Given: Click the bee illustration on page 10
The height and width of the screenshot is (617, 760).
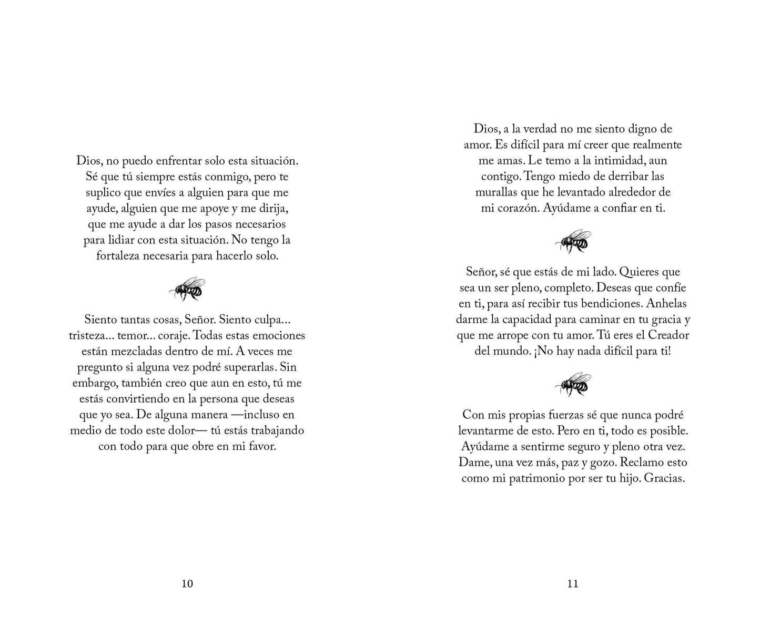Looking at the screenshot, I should [x=187, y=289].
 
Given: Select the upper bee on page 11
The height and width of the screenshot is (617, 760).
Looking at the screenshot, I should [x=573, y=240].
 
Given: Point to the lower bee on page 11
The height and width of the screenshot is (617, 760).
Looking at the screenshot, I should [x=573, y=384].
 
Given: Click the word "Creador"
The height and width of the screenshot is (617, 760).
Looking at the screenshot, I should [x=668, y=335].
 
